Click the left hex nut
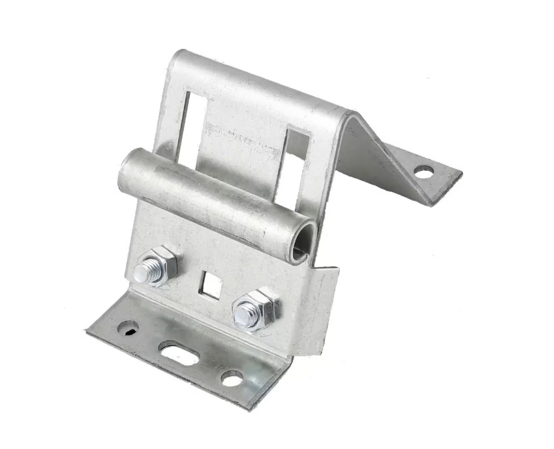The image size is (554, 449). pos(157,266)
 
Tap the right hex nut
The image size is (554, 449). pos(256,310)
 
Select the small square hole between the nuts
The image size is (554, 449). pos(210,283)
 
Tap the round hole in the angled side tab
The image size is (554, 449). pos(423,172)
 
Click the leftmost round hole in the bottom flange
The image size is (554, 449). pos(127,328)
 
